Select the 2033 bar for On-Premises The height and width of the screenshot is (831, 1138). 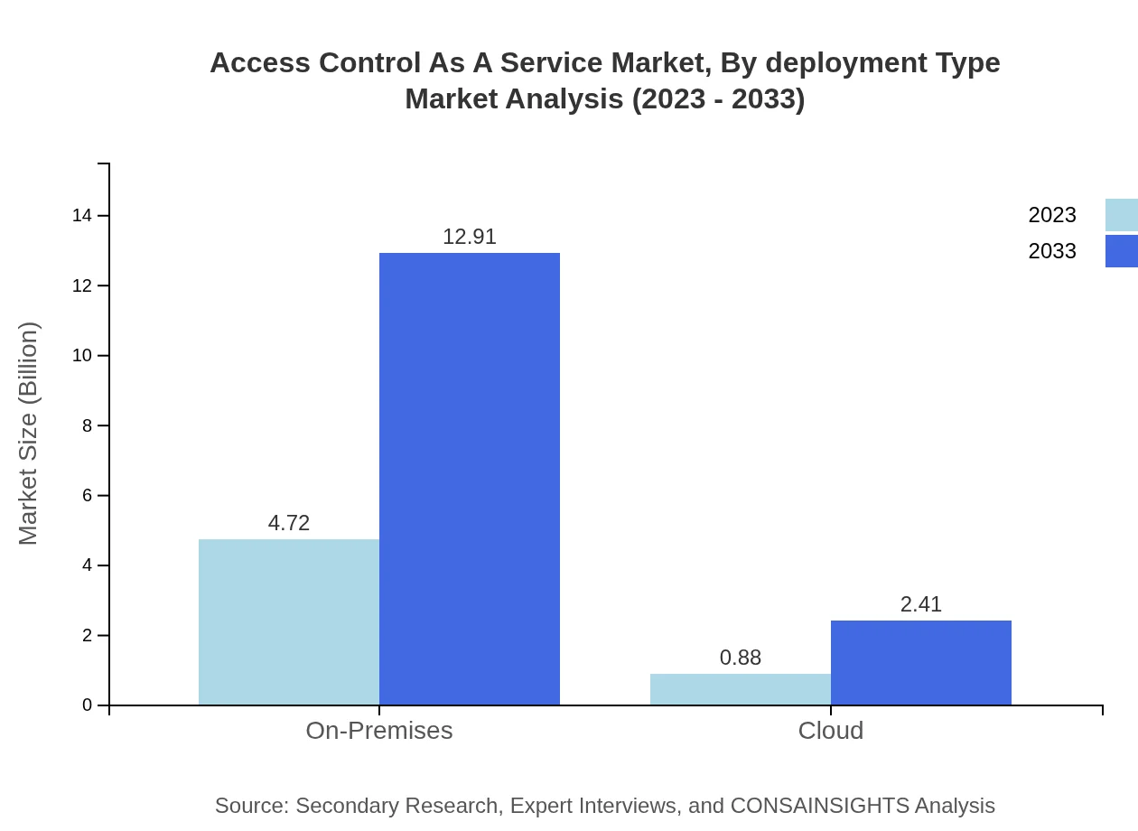click(470, 479)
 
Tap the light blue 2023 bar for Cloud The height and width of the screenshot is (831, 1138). click(741, 689)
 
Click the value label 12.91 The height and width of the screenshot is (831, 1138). click(470, 237)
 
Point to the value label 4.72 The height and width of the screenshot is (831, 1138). click(289, 523)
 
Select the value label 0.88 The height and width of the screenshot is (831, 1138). click(741, 658)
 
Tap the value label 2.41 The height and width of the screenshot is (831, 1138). click(921, 604)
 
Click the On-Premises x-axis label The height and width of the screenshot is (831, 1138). click(379, 730)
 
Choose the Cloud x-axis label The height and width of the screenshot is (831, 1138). click(831, 730)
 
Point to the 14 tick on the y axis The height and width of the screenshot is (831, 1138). click(82, 215)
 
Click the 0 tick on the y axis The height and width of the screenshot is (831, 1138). click(88, 705)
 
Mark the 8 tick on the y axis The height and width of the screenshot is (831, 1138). click(88, 425)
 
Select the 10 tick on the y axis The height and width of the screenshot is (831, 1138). click(82, 355)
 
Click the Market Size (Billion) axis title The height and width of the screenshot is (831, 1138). click(28, 434)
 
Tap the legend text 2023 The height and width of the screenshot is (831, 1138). click(1052, 215)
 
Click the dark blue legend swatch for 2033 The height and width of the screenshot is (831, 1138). click(1121, 251)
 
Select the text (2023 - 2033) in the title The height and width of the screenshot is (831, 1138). click(718, 98)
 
